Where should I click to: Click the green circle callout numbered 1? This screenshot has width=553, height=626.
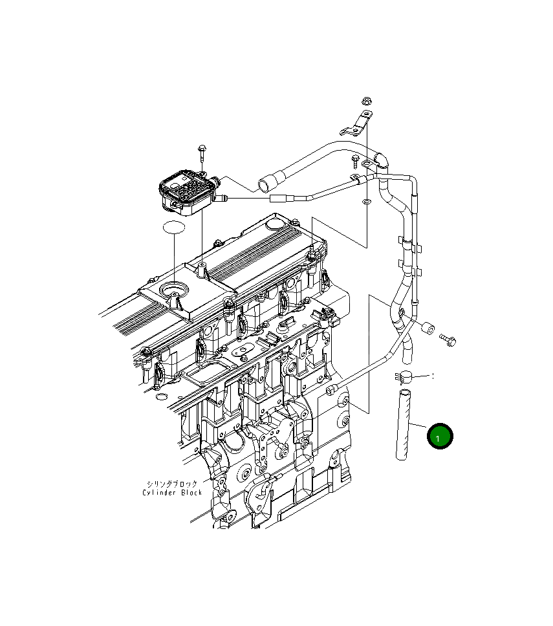point(440,437)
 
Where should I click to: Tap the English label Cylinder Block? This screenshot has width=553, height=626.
point(172,493)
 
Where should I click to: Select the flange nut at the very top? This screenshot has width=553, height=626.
point(365,102)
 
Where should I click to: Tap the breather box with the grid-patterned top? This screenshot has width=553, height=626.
point(186,188)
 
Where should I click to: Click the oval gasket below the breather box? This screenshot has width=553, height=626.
point(174,228)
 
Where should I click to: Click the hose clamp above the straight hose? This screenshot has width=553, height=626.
point(402,376)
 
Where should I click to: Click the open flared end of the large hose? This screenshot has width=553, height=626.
point(265,186)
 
